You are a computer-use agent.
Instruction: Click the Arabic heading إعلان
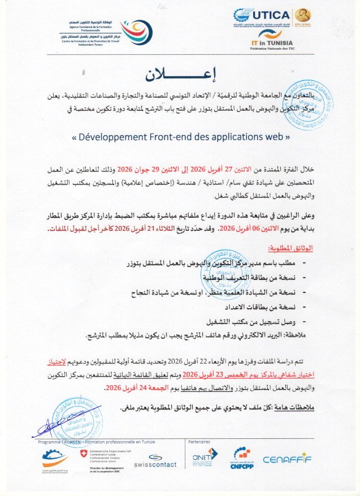pyautogui.click(x=180, y=75)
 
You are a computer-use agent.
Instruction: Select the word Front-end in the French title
pyautogui.click(x=186, y=137)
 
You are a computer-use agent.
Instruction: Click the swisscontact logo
pyautogui.click(x=155, y=461)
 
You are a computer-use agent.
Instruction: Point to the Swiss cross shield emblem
pyautogui.click(x=84, y=454)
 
